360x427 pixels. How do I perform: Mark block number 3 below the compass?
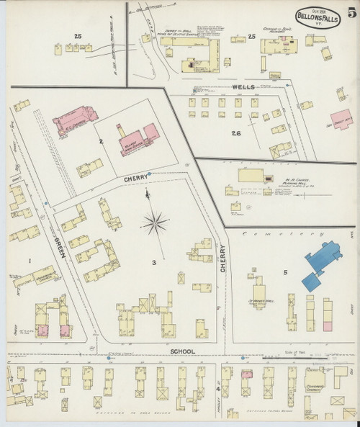[153, 263]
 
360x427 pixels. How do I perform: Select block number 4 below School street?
[218, 390]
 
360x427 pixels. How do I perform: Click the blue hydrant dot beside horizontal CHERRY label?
[149, 174]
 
